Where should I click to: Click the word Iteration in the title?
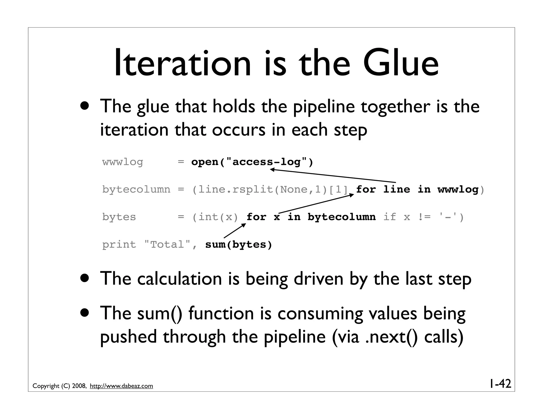(182, 64)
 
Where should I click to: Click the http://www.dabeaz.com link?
(121, 386)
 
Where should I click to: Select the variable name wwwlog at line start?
(122, 162)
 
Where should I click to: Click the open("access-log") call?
(252, 162)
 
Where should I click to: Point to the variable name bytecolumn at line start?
(136, 190)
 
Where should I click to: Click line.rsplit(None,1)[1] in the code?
(273, 190)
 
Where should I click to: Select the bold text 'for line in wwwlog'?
(417, 190)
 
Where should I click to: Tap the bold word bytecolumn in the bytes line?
(341, 217)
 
